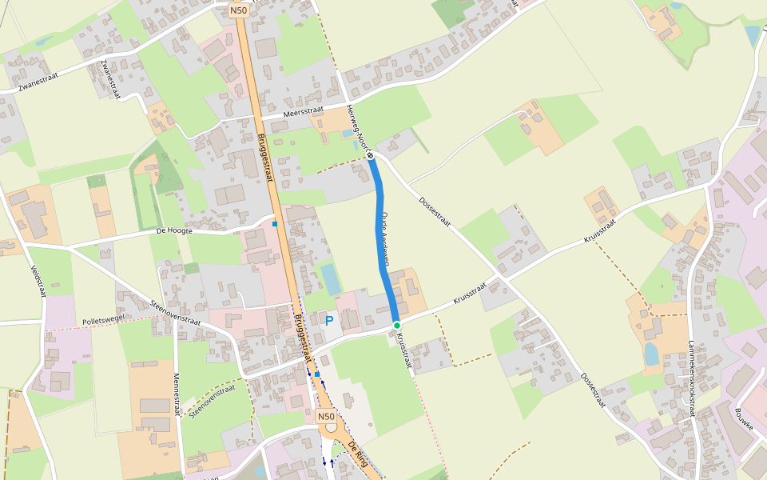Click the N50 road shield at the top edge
coord(239,10)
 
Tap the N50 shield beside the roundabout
coord(325,417)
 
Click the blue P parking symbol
coord(328,322)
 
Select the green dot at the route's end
coord(396,325)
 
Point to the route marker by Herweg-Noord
coord(371,157)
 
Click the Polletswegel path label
coord(104,321)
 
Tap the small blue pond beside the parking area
coord(330,278)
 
